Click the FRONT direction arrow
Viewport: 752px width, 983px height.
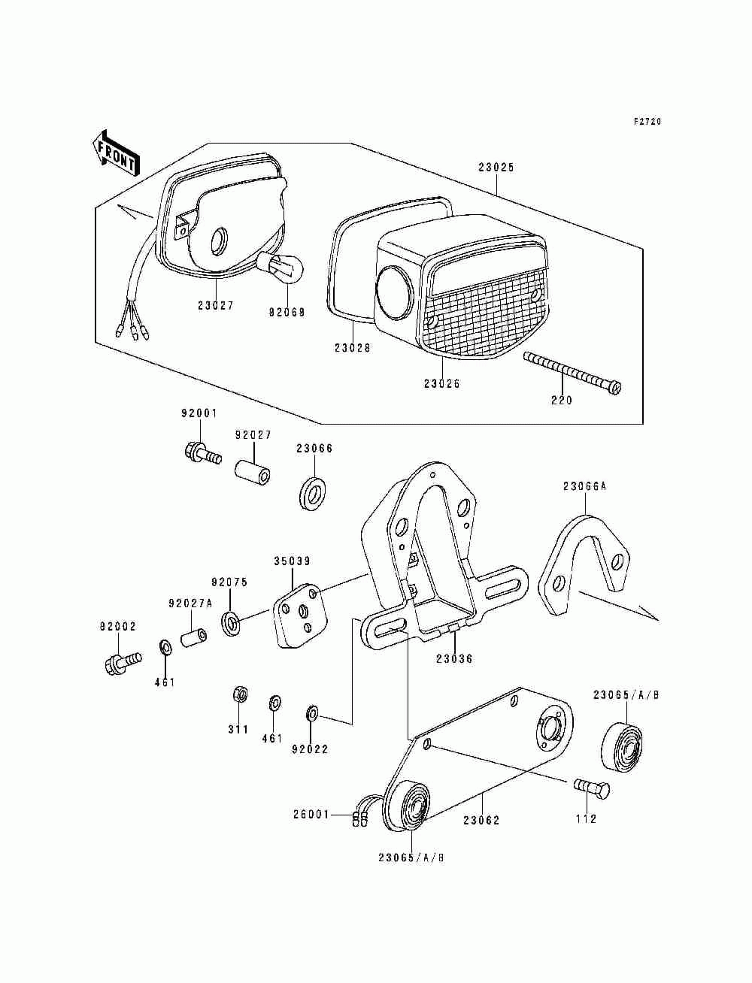tap(114, 154)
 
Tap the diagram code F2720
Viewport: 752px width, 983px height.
tap(647, 122)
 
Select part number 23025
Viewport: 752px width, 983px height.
tap(496, 168)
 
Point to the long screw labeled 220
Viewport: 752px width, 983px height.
tap(572, 373)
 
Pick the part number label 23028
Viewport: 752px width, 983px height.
tap(353, 348)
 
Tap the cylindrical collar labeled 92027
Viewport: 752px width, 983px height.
tap(253, 474)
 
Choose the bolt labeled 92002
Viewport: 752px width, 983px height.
tap(120, 664)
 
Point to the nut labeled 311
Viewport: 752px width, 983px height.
tap(238, 694)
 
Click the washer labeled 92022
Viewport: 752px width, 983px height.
tap(312, 712)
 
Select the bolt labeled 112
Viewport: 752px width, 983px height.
tap(593, 788)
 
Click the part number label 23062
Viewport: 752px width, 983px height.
tap(481, 821)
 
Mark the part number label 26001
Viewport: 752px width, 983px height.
tap(311, 815)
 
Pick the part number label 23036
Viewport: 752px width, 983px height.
tap(454, 659)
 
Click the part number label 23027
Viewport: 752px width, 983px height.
tap(216, 306)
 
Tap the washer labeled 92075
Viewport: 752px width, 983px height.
tap(230, 624)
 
